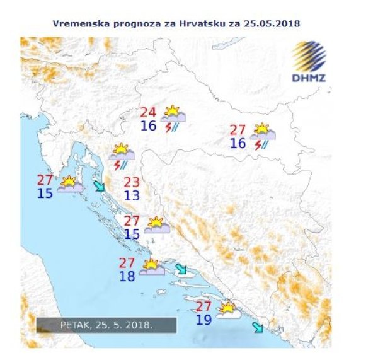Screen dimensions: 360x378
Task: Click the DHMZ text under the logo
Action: [x=309, y=78]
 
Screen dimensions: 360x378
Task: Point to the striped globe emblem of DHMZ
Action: [x=309, y=57]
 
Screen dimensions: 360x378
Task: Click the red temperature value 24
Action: [x=149, y=113]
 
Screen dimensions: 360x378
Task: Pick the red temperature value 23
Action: [x=132, y=182]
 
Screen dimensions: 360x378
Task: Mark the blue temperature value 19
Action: [x=203, y=320]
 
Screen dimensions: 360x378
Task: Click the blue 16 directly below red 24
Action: [x=149, y=125]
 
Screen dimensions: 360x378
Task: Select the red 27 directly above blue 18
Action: [x=128, y=262]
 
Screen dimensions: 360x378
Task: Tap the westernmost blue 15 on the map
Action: [x=45, y=193]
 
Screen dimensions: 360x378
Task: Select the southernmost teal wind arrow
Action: [x=258, y=327]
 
